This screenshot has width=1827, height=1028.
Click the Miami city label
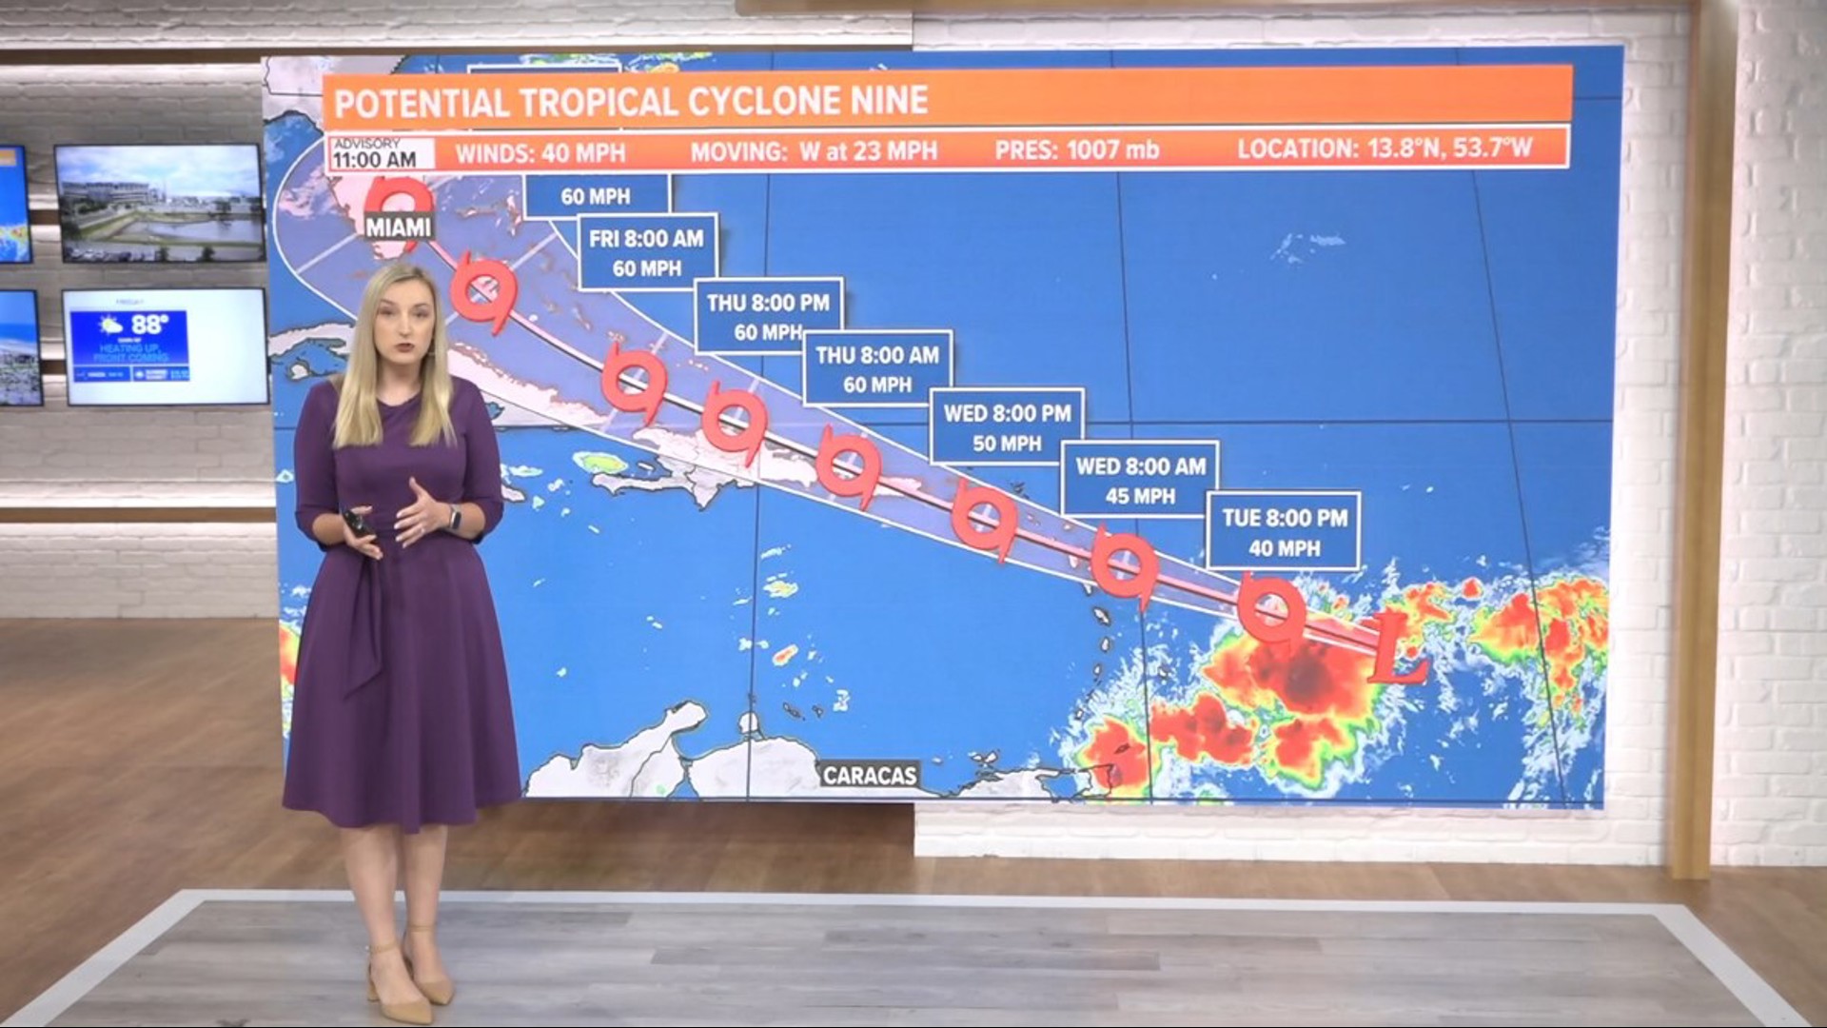(398, 227)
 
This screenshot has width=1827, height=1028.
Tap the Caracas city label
(870, 775)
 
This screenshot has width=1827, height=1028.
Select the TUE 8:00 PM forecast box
(1284, 531)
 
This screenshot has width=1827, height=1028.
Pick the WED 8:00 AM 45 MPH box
(1140, 479)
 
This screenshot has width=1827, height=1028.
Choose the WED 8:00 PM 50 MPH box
(1007, 426)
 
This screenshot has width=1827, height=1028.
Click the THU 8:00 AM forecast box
(877, 368)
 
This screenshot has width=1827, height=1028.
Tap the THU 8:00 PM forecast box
(768, 316)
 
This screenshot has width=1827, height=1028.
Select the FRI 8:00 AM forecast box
(647, 252)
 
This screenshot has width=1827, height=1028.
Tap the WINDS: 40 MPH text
(540, 152)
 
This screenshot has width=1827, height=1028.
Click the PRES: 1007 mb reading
(1076, 150)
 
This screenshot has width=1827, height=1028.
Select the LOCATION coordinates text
(1385, 149)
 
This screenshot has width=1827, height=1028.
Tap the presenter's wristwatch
(454, 520)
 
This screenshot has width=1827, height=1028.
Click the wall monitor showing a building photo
(159, 203)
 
